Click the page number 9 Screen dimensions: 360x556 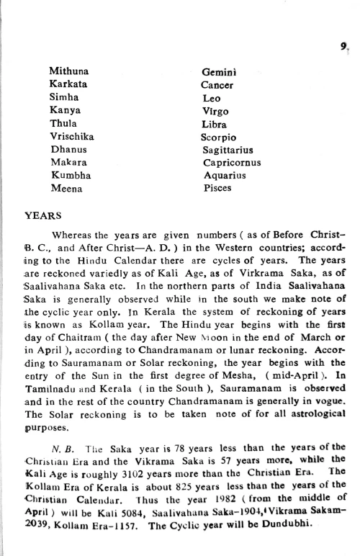click(345, 46)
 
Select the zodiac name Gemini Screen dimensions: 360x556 click(220, 71)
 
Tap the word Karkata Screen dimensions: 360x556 click(68, 84)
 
